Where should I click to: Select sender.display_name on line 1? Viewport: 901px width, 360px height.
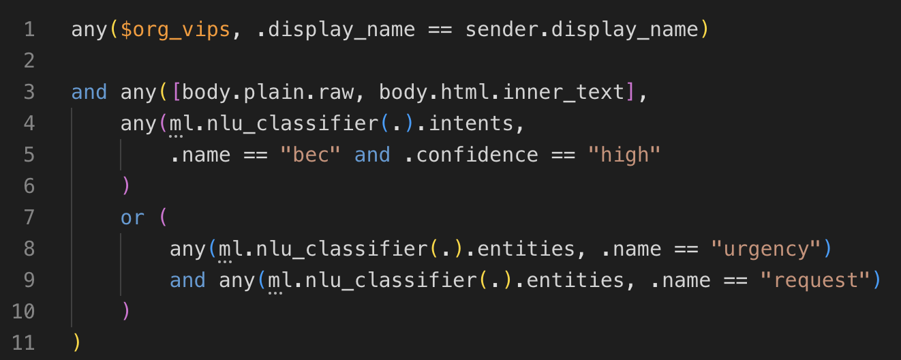tap(583, 29)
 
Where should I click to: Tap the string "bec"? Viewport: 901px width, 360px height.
tap(310, 155)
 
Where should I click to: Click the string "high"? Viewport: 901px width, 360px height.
tap(624, 155)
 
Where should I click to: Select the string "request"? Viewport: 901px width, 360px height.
tap(815, 280)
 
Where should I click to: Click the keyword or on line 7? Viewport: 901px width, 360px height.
tap(133, 217)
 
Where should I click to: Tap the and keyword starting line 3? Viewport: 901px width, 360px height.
tap(89, 92)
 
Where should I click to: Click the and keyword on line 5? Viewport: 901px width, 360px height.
tap(372, 155)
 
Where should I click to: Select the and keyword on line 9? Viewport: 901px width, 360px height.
tap(187, 280)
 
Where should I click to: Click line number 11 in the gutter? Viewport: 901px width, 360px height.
tap(23, 343)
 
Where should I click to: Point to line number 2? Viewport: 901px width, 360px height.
tap(28, 61)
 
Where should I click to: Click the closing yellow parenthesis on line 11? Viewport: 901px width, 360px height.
tap(76, 343)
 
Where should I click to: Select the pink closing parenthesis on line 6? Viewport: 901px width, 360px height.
tap(125, 186)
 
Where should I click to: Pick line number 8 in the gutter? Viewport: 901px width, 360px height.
tap(28, 249)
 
